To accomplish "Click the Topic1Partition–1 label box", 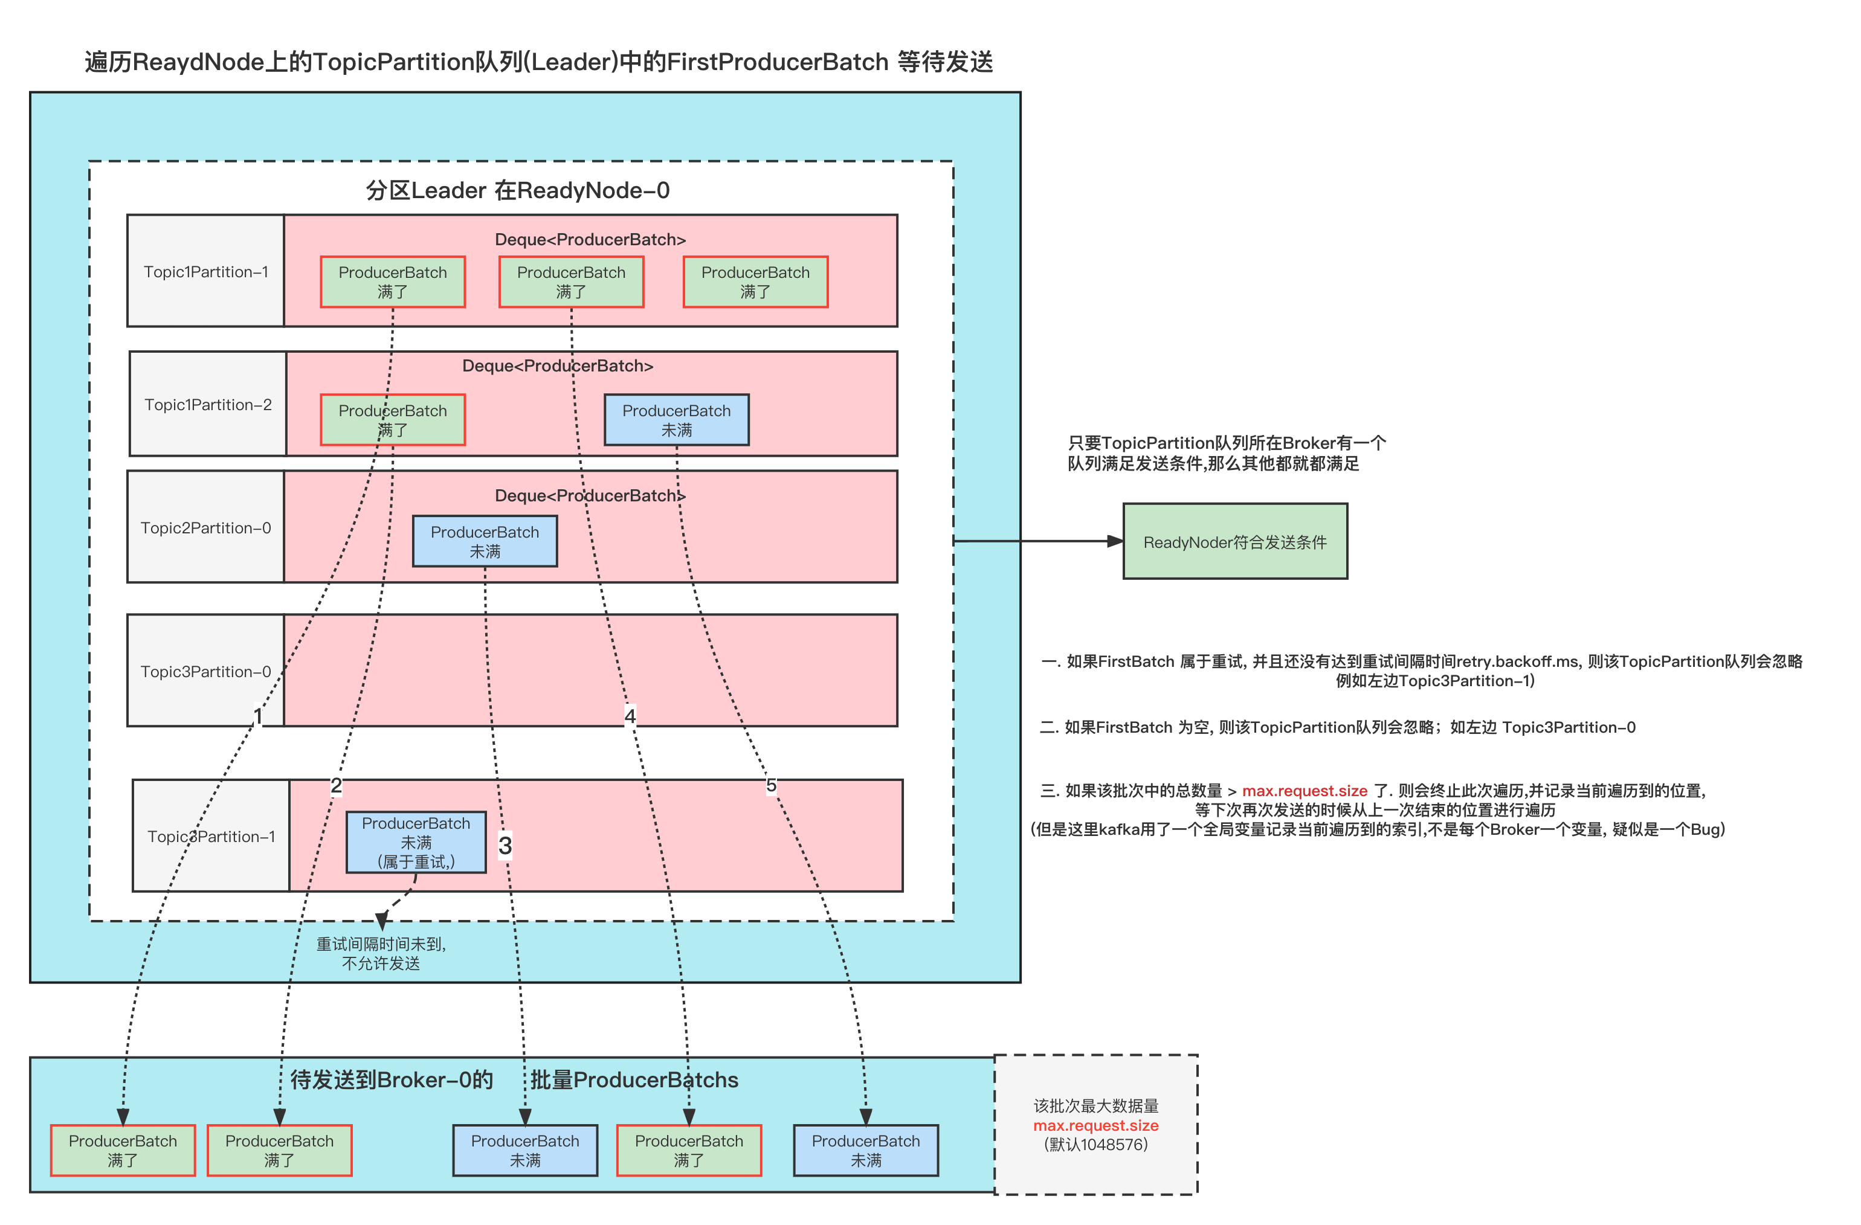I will pos(205,271).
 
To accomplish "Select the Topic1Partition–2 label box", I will pos(208,404).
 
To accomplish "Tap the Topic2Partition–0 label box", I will pos(205,528).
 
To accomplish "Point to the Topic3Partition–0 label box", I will pos(205,670).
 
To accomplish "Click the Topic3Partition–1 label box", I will pos(211,835).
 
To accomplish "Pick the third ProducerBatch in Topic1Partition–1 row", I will pos(755,281).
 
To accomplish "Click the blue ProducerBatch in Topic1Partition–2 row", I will pos(676,420).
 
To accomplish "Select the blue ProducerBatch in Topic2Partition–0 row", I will pos(485,541).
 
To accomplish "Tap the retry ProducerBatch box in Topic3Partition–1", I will pos(416,842).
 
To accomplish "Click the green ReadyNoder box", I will pos(1234,542).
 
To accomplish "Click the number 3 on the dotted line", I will pos(505,845).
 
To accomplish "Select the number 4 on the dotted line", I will pos(630,715).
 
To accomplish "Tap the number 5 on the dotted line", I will pos(771,785).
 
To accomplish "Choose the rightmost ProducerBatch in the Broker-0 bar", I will pos(866,1150).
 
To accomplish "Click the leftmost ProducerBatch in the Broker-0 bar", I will pos(123,1150).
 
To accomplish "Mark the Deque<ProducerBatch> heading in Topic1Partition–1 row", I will pos(590,239).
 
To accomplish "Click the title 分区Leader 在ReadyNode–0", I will pos(518,190).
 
